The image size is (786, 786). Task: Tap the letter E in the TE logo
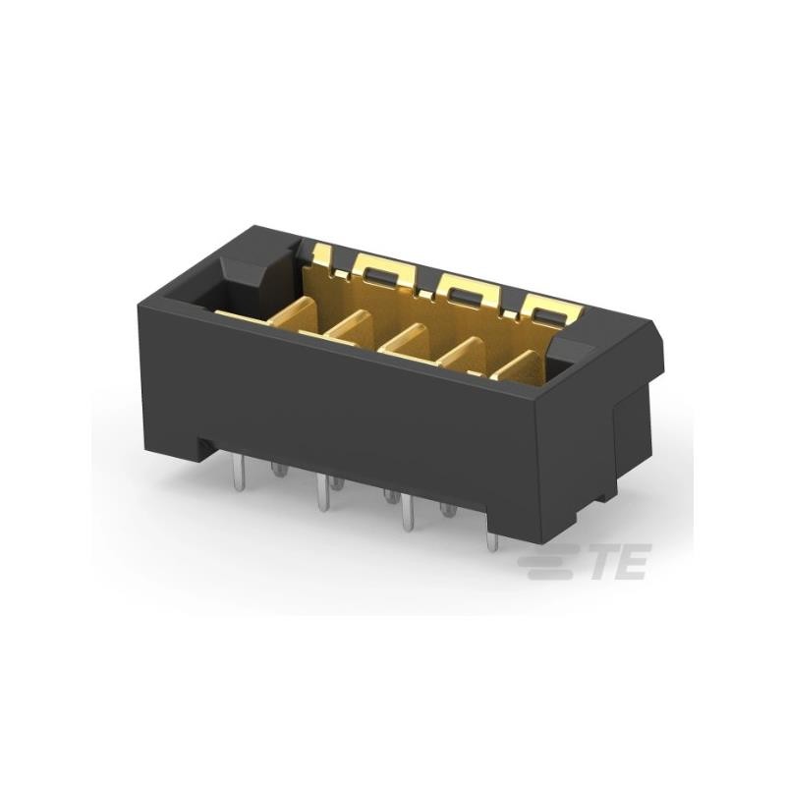tap(632, 564)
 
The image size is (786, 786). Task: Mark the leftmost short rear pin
tap(277, 472)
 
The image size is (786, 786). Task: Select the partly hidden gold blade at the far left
tap(241, 315)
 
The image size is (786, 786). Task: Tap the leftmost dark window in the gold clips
tap(376, 271)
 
